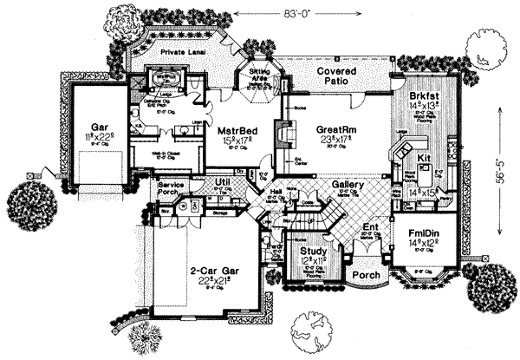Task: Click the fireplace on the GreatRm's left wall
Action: pos(280,135)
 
